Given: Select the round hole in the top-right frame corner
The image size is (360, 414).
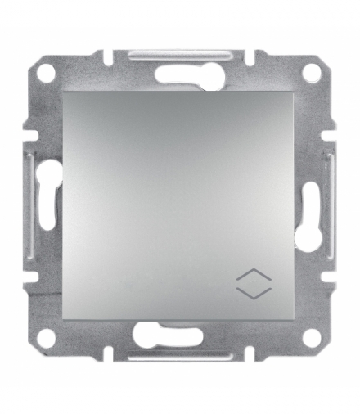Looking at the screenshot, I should (310, 73).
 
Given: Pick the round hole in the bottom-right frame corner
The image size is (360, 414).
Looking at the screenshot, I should (310, 337).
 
